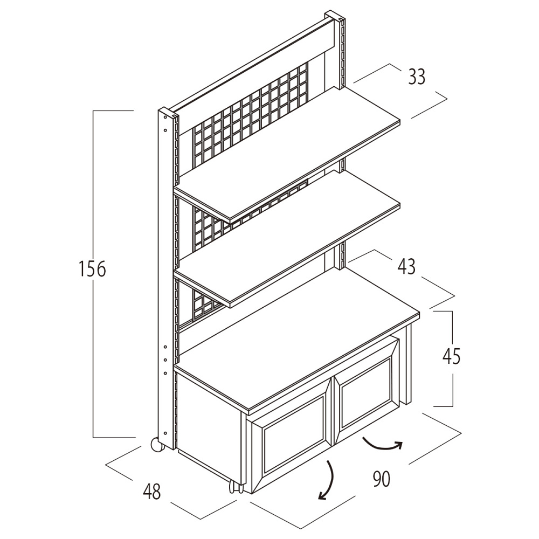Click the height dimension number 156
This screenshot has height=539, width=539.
point(92,269)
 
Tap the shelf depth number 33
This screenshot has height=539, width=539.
point(416,77)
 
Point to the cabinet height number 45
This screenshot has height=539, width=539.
point(451,357)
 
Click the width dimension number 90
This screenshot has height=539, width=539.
point(381,479)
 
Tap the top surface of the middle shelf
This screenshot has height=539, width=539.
point(291,237)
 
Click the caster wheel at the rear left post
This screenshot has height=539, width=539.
point(155,445)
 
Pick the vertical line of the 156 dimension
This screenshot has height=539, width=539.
point(94,350)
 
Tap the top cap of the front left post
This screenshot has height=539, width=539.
point(167,114)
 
